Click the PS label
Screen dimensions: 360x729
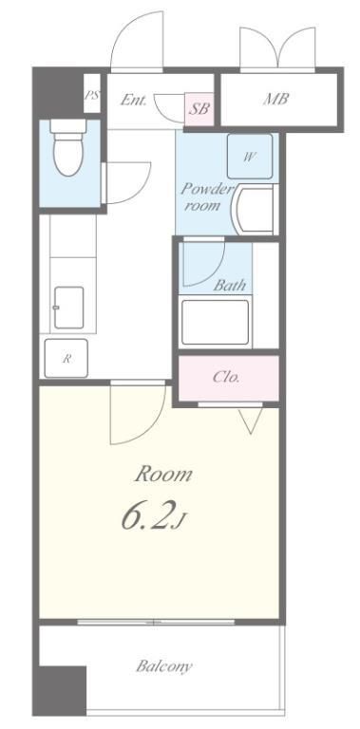(91, 95)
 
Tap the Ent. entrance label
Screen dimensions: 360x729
(134, 100)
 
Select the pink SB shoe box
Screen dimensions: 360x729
(199, 109)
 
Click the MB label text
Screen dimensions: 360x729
(276, 99)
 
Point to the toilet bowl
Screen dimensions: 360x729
(68, 148)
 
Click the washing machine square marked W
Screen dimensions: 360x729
(250, 157)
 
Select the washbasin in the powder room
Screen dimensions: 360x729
(255, 210)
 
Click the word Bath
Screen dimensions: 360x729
(229, 285)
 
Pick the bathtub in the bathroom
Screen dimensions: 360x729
(215, 322)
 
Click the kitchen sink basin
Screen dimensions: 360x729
(68, 308)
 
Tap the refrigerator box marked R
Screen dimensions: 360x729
(66, 358)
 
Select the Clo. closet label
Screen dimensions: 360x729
(226, 377)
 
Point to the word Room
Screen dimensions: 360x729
(163, 475)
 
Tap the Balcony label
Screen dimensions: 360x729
(163, 666)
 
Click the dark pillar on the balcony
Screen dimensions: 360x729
(63, 691)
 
